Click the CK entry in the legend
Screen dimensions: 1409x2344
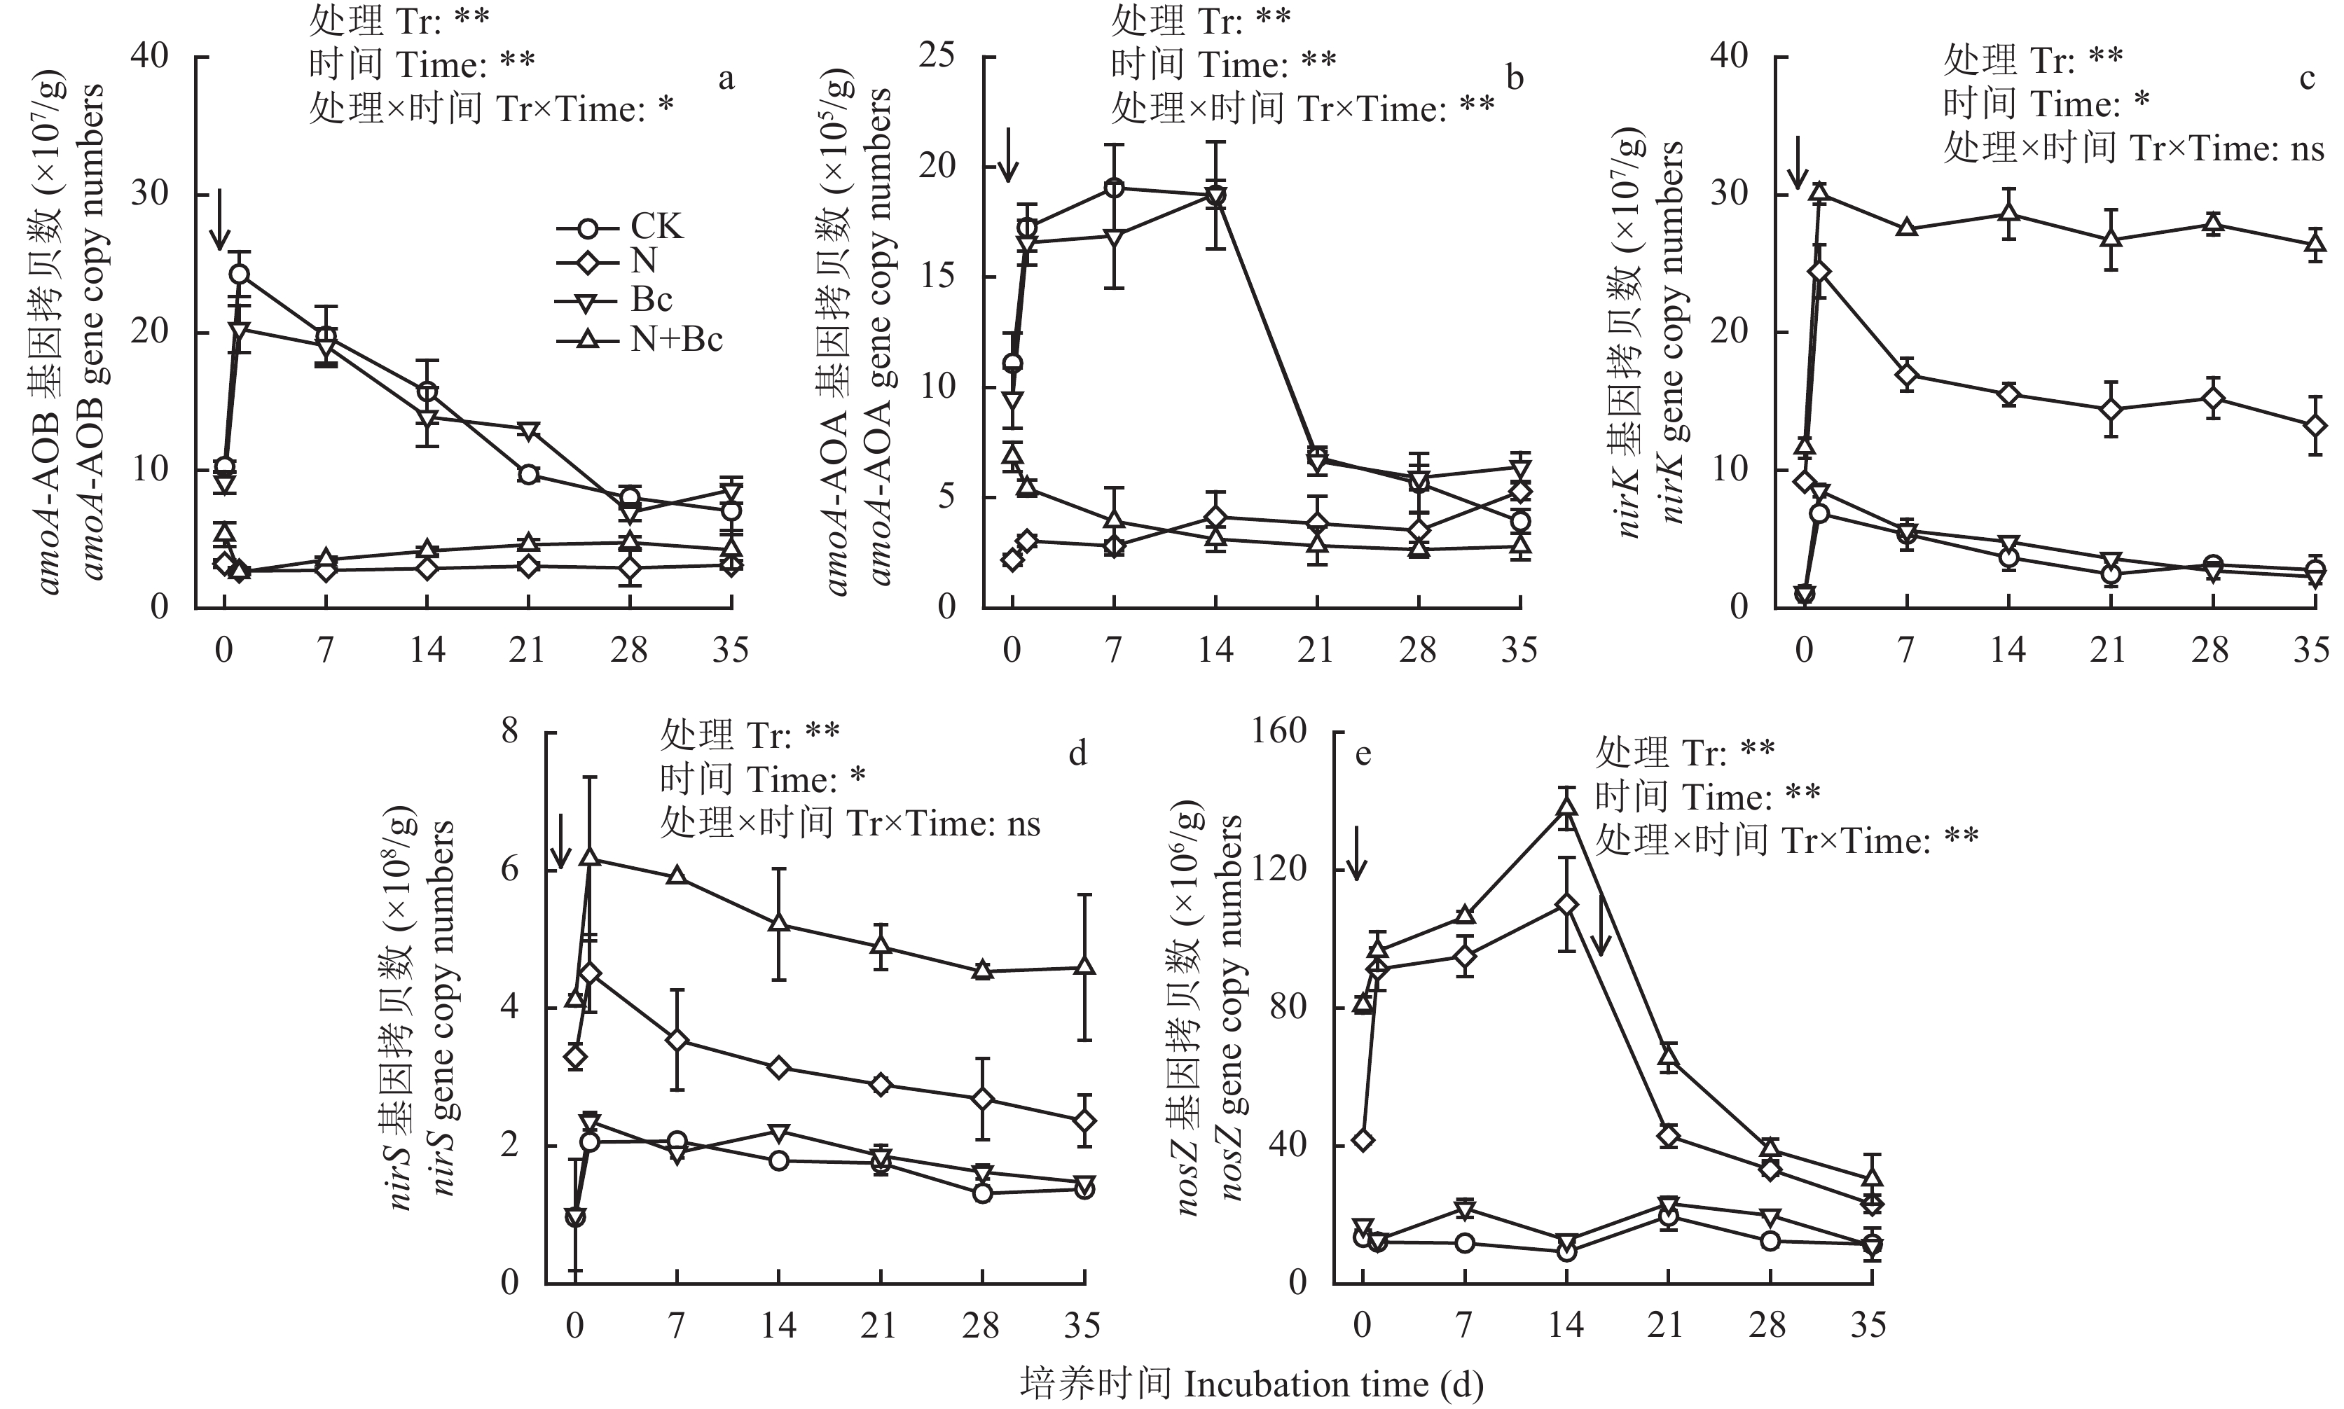(655, 226)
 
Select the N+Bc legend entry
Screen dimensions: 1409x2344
(675, 339)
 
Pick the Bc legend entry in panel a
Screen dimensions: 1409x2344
(651, 300)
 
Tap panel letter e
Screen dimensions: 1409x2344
(1363, 754)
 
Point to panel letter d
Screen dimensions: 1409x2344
(1077, 754)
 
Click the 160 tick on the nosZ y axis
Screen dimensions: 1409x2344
(1281, 732)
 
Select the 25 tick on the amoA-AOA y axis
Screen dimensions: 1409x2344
(935, 57)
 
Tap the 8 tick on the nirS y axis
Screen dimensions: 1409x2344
(510, 732)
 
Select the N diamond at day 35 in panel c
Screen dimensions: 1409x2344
(2315, 425)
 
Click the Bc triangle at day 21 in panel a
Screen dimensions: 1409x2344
(528, 430)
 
